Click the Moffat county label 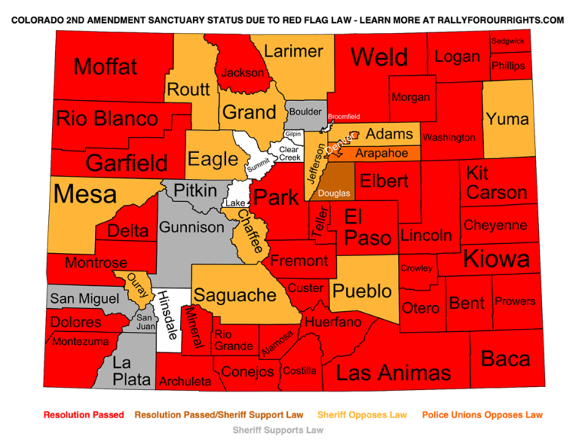[106, 67]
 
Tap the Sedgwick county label [508, 41]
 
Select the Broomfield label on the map [344, 117]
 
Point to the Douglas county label [334, 193]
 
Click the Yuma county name [507, 119]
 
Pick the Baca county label [505, 358]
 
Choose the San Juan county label [144, 321]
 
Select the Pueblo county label [362, 291]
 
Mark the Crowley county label [416, 268]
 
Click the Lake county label [235, 203]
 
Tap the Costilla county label [299, 371]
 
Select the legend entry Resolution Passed [83, 415]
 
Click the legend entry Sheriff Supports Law [278, 430]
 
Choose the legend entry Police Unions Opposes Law [482, 415]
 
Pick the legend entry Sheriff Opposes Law [362, 415]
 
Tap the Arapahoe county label [381, 154]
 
